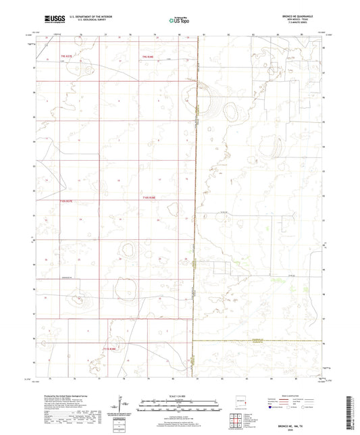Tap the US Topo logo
[180, 20]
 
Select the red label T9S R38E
[148, 56]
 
